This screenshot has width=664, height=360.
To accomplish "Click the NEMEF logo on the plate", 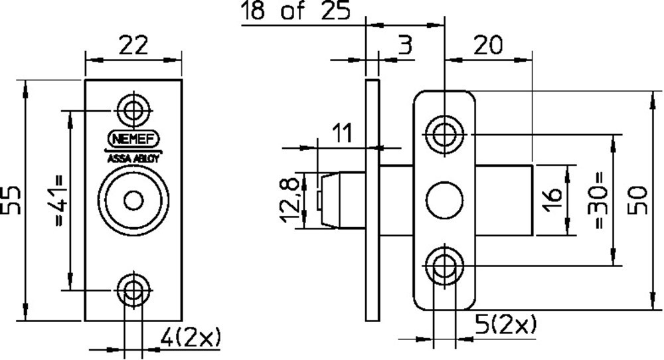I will [133, 140].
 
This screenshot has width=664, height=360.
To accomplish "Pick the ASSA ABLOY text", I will [133, 159].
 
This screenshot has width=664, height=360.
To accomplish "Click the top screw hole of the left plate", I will [133, 109].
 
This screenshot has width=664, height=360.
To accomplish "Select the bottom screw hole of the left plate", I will [133, 290].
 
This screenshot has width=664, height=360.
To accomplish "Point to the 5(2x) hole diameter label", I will [506, 325].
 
